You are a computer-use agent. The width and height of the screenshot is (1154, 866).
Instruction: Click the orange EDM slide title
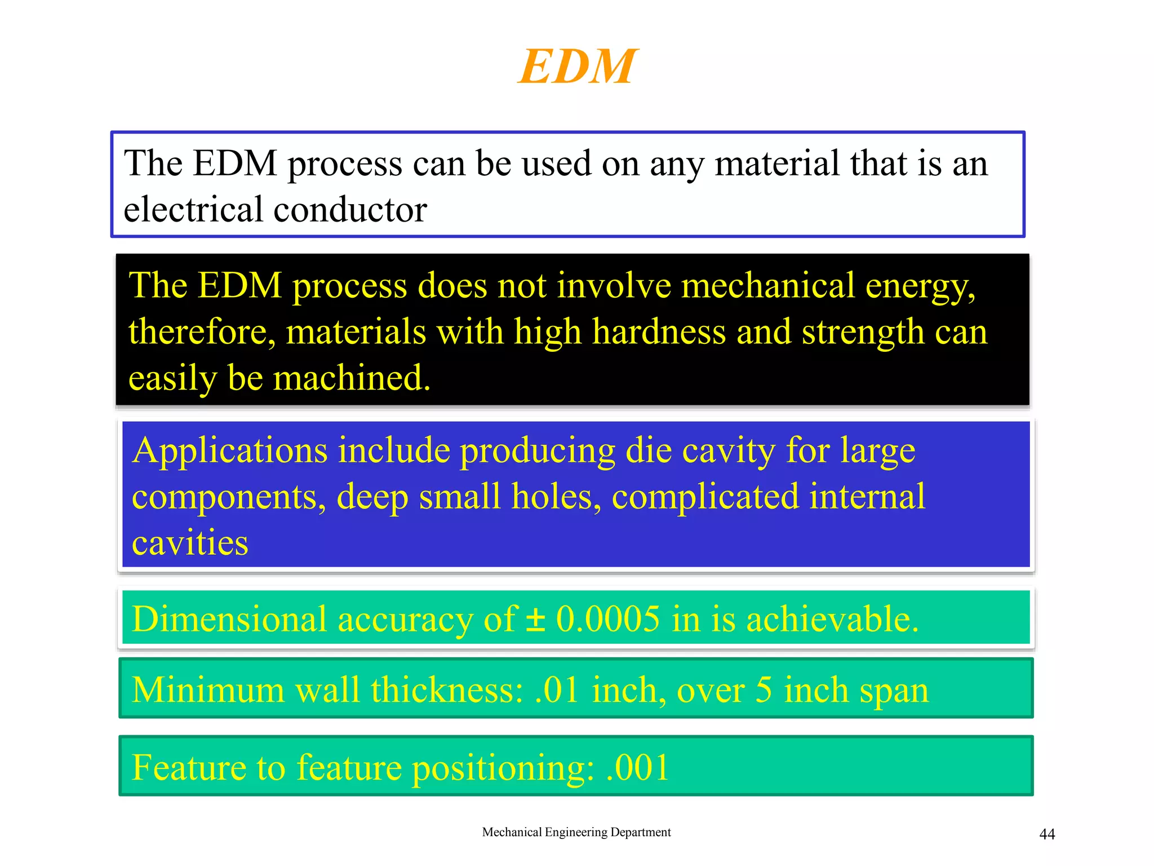pos(577,67)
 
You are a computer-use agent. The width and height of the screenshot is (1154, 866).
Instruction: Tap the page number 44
pos(1046,834)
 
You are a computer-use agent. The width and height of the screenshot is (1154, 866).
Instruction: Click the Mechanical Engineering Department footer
pos(576,832)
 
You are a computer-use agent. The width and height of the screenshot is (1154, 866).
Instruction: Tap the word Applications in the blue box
pos(229,451)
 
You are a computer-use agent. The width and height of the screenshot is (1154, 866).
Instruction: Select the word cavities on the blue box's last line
pos(190,543)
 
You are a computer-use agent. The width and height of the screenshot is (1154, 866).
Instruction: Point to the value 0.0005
pos(607,619)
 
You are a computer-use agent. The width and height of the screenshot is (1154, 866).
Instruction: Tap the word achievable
pos(833,619)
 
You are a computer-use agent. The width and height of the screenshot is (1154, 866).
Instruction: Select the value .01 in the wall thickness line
pos(557,690)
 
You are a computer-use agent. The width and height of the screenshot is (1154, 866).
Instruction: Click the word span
pos(894,691)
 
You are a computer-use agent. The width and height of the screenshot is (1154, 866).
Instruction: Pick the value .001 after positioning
pos(637,767)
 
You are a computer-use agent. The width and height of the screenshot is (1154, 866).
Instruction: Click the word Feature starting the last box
pos(188,767)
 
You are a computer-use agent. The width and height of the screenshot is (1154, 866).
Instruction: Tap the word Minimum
pos(208,690)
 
